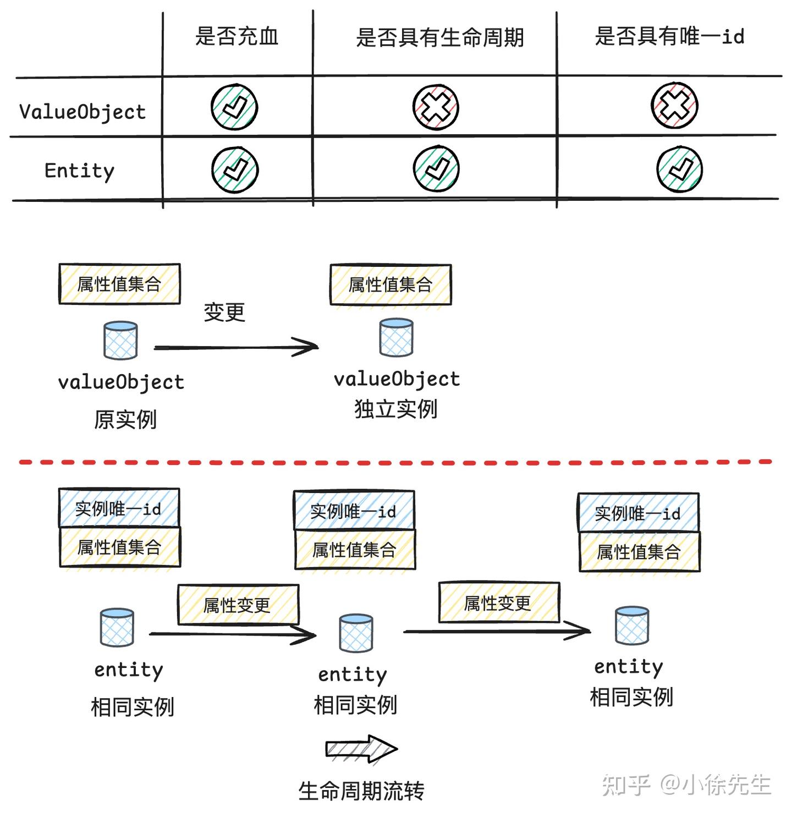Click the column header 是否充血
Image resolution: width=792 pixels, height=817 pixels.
coord(237,37)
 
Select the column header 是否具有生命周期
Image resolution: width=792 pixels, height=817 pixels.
coord(439,38)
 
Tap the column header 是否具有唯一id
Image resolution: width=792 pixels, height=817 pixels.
coord(669,37)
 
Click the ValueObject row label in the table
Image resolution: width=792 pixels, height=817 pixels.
coord(82,112)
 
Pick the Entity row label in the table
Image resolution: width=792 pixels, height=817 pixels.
coord(79,171)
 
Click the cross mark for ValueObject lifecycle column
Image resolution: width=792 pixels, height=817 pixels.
coord(436,107)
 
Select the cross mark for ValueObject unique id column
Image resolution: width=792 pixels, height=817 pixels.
coord(674,106)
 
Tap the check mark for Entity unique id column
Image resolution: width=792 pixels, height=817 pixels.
coord(679,169)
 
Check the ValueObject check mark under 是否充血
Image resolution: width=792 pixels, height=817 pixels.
coord(234,107)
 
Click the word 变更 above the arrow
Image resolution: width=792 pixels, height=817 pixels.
coord(224,312)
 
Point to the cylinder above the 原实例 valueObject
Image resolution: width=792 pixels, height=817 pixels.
coord(120,341)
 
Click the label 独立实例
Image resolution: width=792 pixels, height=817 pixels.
coord(395,409)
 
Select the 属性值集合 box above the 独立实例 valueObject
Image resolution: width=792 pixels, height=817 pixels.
coord(391,284)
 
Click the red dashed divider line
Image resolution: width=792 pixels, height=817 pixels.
coord(396,462)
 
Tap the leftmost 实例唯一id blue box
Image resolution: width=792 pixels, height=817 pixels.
coord(119,508)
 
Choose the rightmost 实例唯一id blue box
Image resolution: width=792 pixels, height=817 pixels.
coord(638,513)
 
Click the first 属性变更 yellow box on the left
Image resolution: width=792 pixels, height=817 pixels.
coord(238,605)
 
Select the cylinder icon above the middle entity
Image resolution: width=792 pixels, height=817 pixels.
coord(356,633)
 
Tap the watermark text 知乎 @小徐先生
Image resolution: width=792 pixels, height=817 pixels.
coord(686,785)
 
